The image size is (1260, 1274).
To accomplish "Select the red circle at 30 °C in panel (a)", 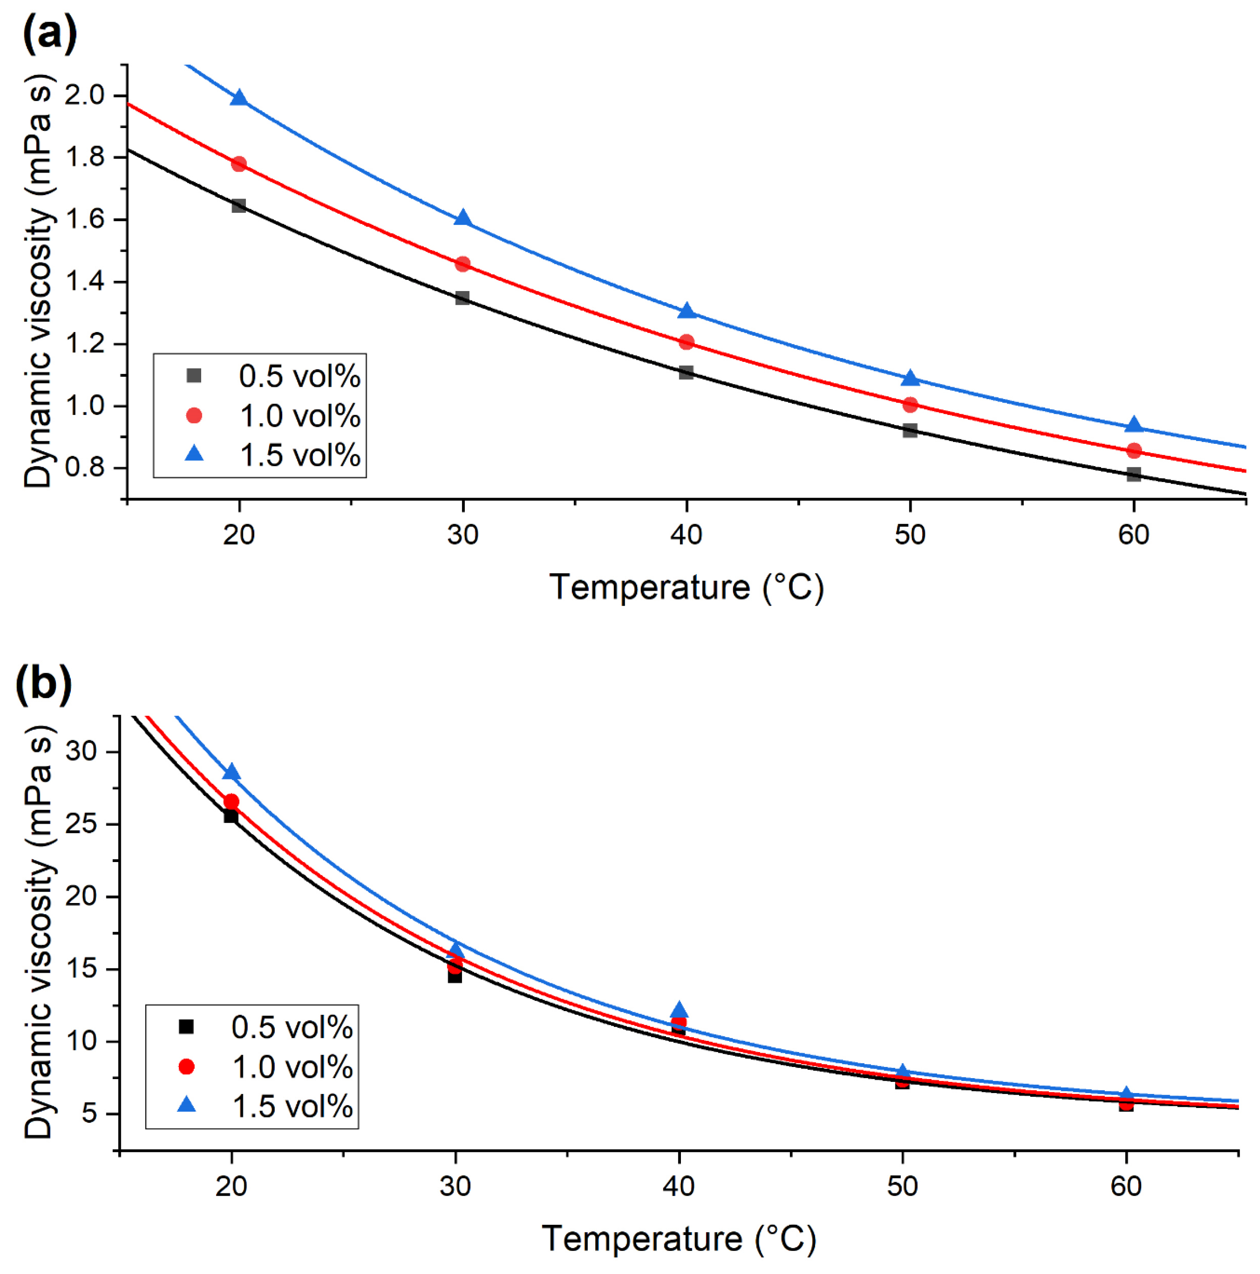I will point(462,264).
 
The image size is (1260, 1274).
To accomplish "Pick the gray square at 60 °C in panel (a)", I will point(1133,474).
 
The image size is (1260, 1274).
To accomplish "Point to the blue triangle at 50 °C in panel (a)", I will point(910,378).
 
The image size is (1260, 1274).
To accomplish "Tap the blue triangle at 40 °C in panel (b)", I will point(678,1011).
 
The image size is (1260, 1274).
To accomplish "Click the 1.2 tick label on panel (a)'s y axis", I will point(85,344).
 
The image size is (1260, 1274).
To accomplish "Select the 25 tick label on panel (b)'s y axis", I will point(81,824).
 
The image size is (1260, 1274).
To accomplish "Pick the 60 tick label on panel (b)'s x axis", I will point(1125,1186).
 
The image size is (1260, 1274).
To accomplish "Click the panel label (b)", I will point(43,684).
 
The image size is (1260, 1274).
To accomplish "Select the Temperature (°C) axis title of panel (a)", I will point(686,587).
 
